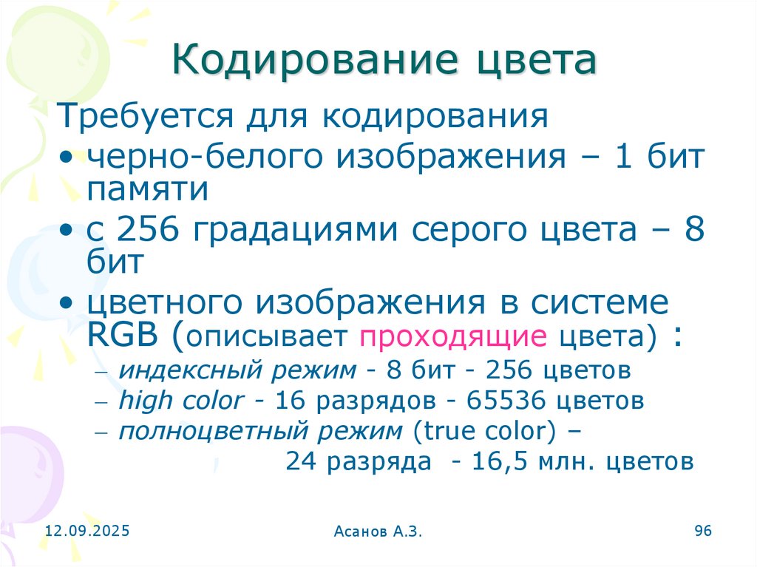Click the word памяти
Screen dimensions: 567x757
click(147, 190)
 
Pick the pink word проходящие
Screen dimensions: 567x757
click(452, 337)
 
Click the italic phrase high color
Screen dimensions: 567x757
click(180, 401)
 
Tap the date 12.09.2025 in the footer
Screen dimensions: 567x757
click(86, 531)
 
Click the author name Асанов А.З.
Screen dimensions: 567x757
click(378, 532)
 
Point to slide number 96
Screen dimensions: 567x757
click(702, 531)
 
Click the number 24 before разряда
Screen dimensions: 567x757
click(300, 462)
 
